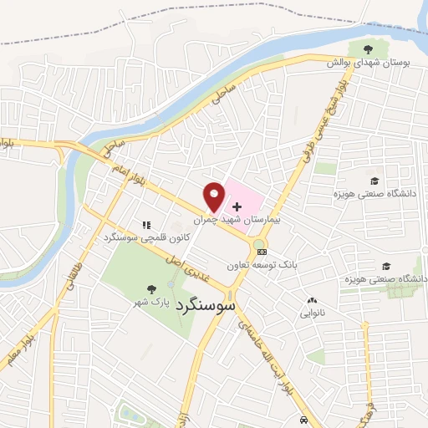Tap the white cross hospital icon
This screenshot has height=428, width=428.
(237, 205)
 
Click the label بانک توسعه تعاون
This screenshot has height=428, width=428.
(262, 264)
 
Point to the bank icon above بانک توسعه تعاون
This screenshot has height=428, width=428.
(262, 251)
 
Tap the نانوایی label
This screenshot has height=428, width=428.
(312, 313)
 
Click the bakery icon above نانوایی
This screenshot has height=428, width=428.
(313, 300)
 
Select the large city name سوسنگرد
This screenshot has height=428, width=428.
(206, 306)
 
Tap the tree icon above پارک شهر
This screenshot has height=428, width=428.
(150, 289)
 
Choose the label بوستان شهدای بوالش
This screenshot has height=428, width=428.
(363, 62)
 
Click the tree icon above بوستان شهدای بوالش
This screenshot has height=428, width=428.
(364, 48)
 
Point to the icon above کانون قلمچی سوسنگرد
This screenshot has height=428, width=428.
(147, 225)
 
